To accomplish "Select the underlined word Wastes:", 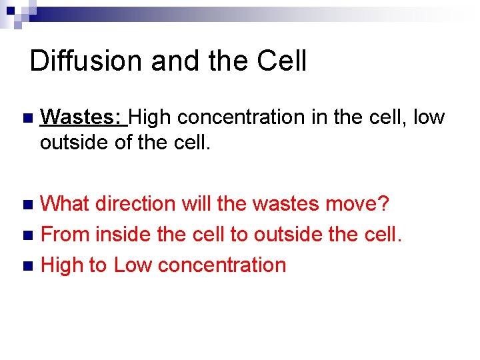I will tap(83, 117).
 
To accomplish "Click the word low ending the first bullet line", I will tap(429, 117).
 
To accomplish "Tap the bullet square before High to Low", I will tap(27, 266).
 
